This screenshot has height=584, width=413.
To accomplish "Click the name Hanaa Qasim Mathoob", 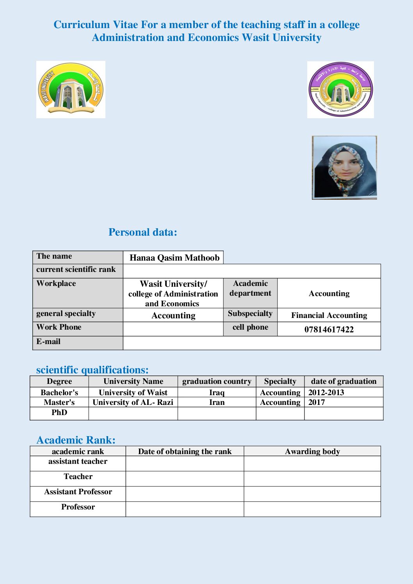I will click(x=174, y=257).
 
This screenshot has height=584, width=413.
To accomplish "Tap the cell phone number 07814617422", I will click(x=329, y=329).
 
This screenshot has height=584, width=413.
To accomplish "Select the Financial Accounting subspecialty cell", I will click(x=329, y=315).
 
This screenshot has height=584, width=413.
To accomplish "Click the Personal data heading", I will click(x=142, y=232).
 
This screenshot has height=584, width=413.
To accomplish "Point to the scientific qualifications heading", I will click(x=92, y=369).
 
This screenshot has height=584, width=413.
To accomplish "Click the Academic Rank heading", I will click(x=76, y=440).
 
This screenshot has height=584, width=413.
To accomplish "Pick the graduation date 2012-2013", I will click(x=326, y=392).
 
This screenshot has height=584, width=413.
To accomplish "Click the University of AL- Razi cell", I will click(x=133, y=402).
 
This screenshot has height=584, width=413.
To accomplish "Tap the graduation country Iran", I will click(x=217, y=402).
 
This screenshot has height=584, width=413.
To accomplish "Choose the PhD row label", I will click(x=59, y=412).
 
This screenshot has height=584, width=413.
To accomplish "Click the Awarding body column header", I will click(x=312, y=451).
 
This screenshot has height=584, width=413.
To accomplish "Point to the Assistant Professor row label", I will click(x=78, y=492).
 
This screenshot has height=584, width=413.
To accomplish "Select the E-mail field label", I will click(x=48, y=342).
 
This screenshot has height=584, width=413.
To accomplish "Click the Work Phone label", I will click(x=59, y=327).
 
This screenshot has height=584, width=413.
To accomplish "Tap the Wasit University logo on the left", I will click(x=71, y=89).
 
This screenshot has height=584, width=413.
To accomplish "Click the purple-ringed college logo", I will click(x=340, y=89).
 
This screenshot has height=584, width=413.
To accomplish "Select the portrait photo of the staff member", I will click(x=344, y=168).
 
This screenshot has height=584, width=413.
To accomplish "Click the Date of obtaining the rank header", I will click(x=185, y=451).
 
